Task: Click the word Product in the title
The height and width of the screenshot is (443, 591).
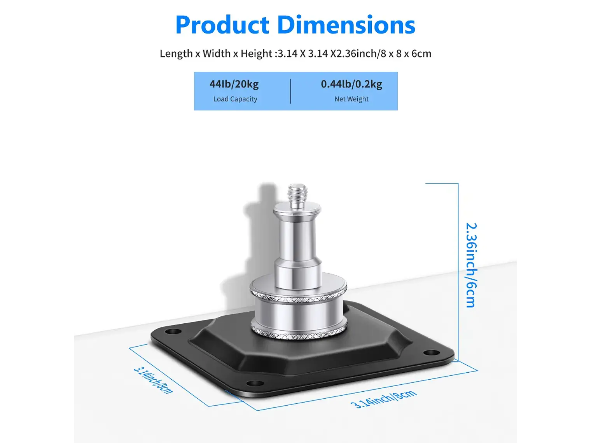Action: tap(222, 25)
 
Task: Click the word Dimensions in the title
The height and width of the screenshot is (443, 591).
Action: tap(346, 25)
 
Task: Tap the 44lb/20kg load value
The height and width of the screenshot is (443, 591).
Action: tap(234, 84)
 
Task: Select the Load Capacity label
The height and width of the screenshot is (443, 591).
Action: tap(235, 99)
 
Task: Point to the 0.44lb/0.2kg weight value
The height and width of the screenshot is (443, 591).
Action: tap(351, 84)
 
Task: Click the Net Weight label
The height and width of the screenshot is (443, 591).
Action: tap(351, 99)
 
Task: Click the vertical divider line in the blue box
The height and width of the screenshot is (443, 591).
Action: tap(290, 91)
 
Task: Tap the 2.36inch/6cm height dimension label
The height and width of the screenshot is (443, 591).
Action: tap(471, 265)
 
